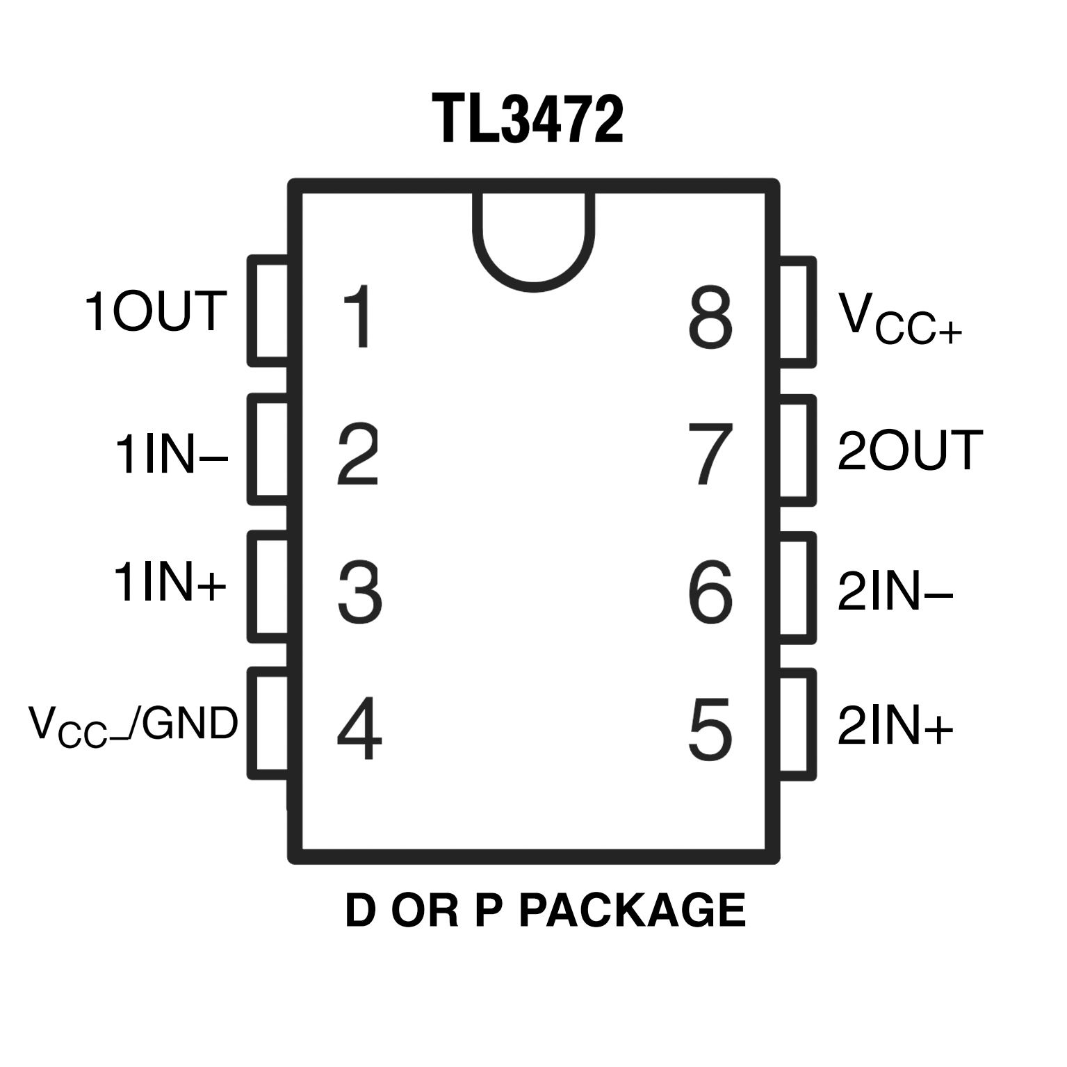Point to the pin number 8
point(710,318)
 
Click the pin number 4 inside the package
point(359,729)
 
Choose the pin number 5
point(710,729)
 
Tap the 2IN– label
point(895,592)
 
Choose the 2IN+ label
point(895,726)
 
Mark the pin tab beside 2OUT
point(797,449)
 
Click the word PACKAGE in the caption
point(632,911)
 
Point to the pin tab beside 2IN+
point(797,724)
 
